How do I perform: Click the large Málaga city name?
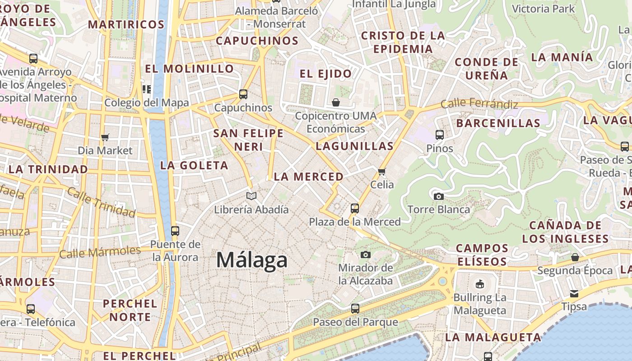pyautogui.click(x=251, y=260)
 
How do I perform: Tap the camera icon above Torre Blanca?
pyautogui.click(x=438, y=196)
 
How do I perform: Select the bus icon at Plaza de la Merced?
pyautogui.click(x=355, y=208)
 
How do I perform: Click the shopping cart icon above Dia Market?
pyautogui.click(x=105, y=137)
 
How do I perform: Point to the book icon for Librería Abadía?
pyautogui.click(x=251, y=196)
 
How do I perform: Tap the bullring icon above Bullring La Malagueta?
pyautogui.click(x=479, y=284)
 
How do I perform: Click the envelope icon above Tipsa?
pyautogui.click(x=574, y=294)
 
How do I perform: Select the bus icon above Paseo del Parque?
pyautogui.click(x=355, y=309)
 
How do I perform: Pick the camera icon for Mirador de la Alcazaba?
pyautogui.click(x=366, y=255)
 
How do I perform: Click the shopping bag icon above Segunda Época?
pyautogui.click(x=575, y=257)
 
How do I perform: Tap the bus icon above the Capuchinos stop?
pyautogui.click(x=243, y=94)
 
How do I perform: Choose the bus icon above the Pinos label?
pyautogui.click(x=439, y=134)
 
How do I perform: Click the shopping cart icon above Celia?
pyautogui.click(x=382, y=171)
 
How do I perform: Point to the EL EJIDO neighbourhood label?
pyautogui.click(x=326, y=74)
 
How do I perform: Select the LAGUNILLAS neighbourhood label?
pyautogui.click(x=354, y=146)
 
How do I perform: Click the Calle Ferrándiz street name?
pyautogui.click(x=479, y=103)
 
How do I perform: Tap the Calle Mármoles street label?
pyautogui.click(x=100, y=252)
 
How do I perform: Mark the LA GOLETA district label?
pyautogui.click(x=194, y=165)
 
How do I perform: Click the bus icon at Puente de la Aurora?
pyautogui.click(x=175, y=231)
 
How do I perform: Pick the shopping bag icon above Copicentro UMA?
pyautogui.click(x=335, y=102)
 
